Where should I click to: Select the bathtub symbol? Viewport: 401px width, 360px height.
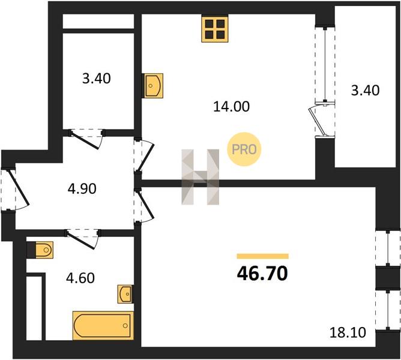(x=103, y=325)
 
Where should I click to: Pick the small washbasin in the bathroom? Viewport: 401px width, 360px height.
(x=125, y=294)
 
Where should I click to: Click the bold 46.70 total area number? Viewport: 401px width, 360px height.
(x=262, y=274)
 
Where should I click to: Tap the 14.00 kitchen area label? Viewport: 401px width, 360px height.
(x=232, y=107)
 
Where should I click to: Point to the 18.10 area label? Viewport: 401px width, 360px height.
(x=348, y=332)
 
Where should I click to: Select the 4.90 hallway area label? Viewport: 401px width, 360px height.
(x=82, y=189)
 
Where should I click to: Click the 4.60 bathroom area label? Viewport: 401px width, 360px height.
(x=80, y=278)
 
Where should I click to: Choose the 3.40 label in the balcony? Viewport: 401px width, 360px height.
(x=365, y=91)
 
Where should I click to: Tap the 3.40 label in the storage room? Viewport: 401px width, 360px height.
(x=97, y=79)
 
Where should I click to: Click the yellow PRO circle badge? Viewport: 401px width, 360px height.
(x=244, y=149)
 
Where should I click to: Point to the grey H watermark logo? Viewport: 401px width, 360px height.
(x=200, y=176)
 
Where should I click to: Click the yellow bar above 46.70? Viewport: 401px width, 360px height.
(x=263, y=256)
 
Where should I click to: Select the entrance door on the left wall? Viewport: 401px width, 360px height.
(x=16, y=189)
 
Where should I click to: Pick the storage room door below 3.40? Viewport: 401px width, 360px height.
(x=86, y=139)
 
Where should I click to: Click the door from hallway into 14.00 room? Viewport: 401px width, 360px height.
(x=145, y=155)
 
